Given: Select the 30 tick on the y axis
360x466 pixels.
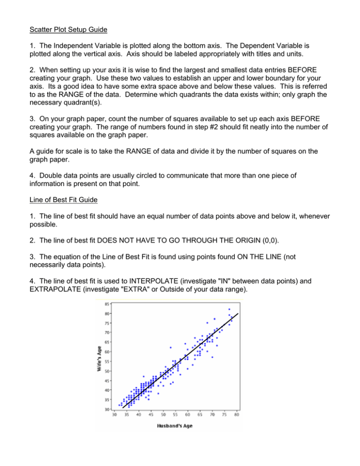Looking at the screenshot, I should (x=108, y=409).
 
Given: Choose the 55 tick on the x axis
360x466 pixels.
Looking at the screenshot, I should (x=175, y=414).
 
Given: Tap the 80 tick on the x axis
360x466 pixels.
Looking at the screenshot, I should (x=237, y=414).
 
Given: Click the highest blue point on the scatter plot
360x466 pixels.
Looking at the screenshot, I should (x=229, y=309).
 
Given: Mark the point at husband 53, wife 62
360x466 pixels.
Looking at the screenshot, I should (x=171, y=347).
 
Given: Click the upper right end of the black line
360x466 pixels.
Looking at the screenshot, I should (x=239, y=313).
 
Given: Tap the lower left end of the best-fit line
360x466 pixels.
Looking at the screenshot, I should (x=122, y=408).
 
